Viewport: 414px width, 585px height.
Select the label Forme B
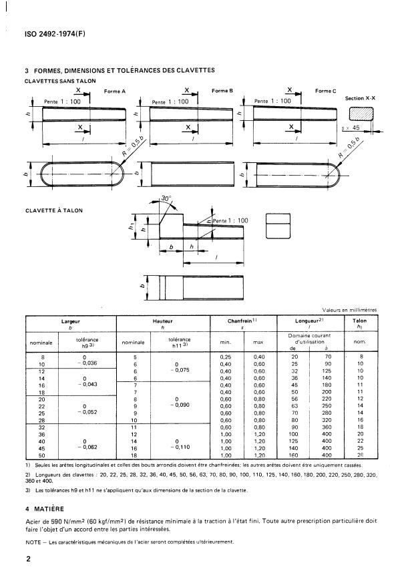[x=221, y=90]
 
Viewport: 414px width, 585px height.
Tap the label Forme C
[x=325, y=90]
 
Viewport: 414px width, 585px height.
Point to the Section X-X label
[x=360, y=98]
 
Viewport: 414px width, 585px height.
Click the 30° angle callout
[x=166, y=199]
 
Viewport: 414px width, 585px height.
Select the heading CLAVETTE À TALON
[x=53, y=210]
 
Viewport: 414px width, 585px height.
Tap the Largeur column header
[x=70, y=321]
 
